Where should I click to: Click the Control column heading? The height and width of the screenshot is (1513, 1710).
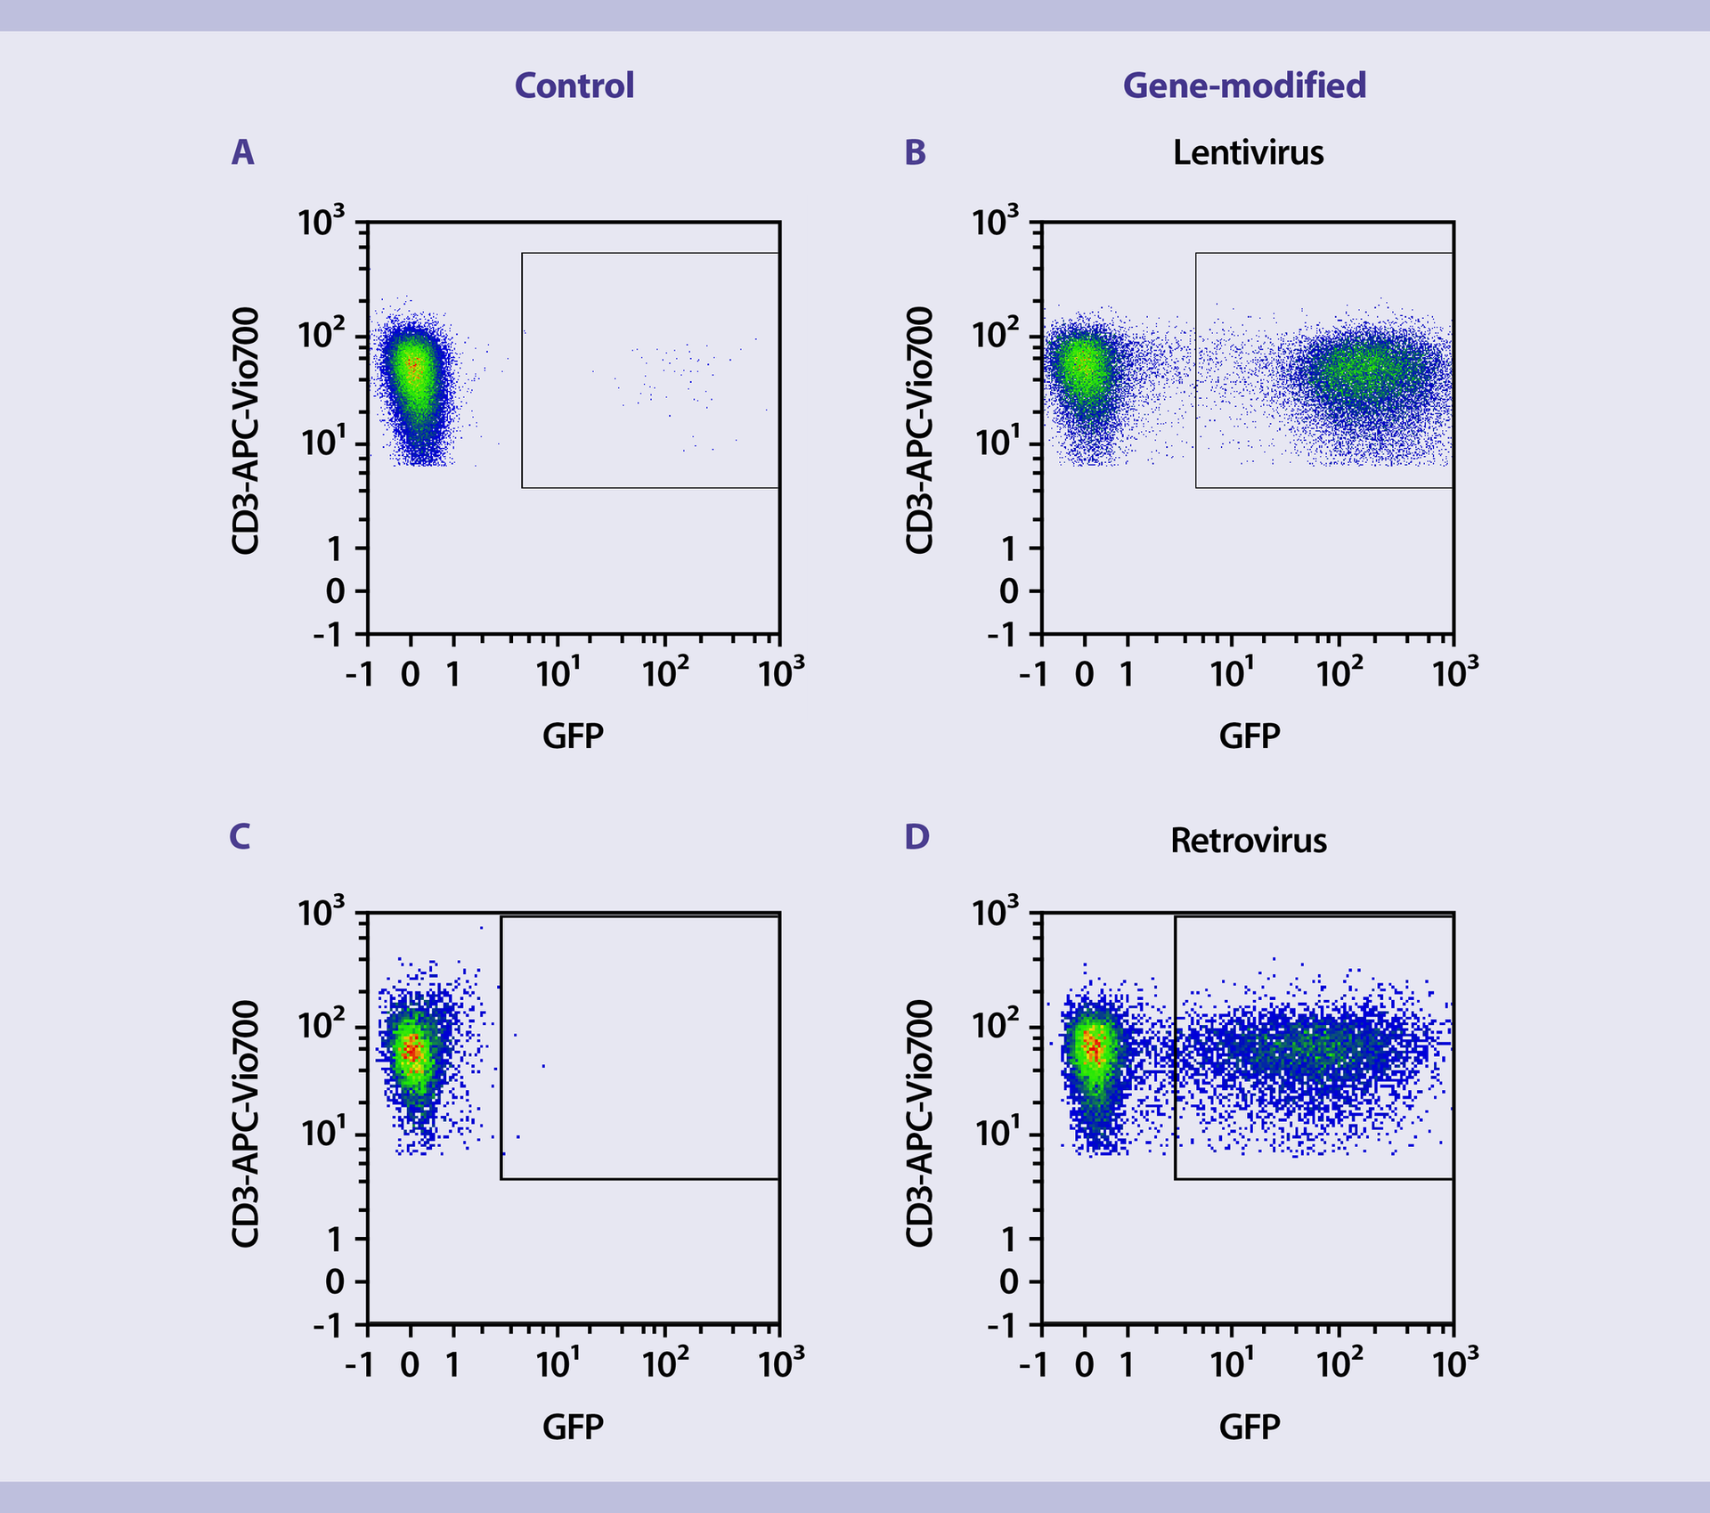(574, 85)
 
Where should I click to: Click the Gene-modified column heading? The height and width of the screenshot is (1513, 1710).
(1244, 85)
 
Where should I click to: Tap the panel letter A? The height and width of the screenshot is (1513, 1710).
(242, 152)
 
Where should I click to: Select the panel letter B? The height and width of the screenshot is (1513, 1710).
(916, 152)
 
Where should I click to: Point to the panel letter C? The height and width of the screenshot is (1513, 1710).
(240, 836)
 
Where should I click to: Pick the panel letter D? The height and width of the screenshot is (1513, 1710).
(916, 836)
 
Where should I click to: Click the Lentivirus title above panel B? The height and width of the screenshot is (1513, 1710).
(1248, 152)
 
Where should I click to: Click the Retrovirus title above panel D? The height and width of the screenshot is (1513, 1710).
(1248, 840)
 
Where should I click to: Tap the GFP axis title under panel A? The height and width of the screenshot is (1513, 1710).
(573, 736)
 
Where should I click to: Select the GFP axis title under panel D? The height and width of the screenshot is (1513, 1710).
(1249, 1427)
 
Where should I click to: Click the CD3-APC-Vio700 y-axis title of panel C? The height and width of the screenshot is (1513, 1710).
(245, 1123)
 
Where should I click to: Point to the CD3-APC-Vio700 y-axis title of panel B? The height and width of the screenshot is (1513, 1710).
(919, 430)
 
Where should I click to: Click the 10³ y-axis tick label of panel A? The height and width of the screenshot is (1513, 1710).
(321, 222)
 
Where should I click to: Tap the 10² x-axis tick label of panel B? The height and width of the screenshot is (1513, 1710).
(1339, 674)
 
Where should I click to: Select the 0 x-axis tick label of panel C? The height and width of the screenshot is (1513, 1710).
(410, 1364)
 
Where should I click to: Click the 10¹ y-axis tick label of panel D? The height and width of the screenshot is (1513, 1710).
(995, 1134)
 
